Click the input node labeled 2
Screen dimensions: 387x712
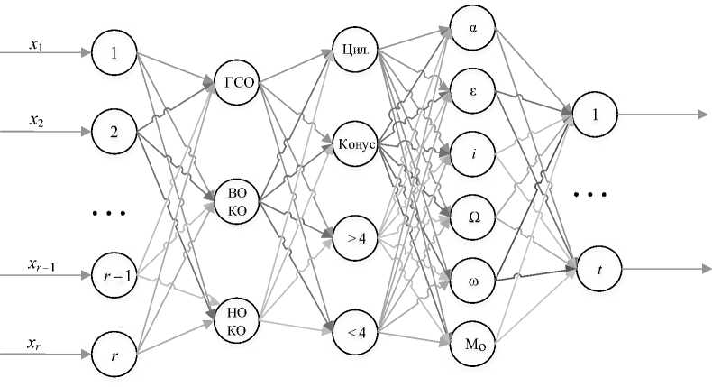[x=114, y=131]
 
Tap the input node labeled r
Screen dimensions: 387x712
[x=114, y=355]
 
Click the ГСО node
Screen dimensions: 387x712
[x=236, y=84]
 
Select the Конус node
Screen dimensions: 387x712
[x=354, y=143]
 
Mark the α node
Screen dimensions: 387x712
[x=473, y=27]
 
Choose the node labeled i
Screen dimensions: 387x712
[x=473, y=152]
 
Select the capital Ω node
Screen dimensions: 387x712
[x=473, y=215]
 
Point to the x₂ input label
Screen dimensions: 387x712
[x=37, y=119]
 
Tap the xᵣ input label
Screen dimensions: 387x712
[x=34, y=344]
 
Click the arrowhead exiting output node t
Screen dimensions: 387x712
[x=704, y=268]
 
